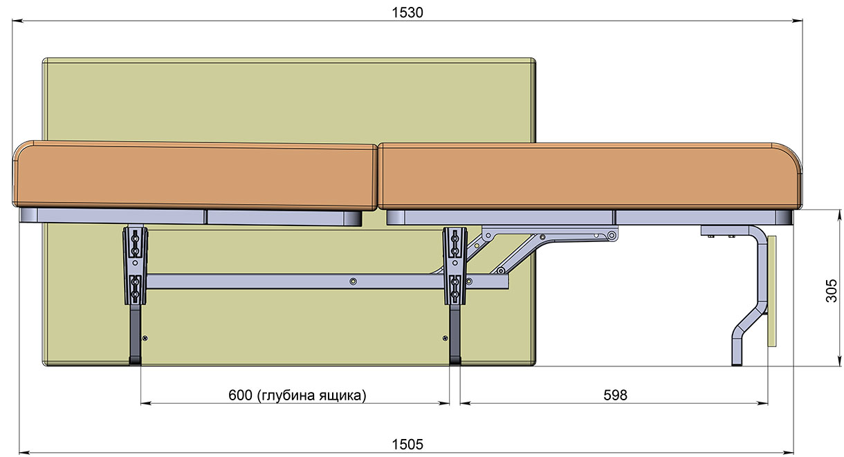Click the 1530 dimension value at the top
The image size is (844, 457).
coord(407,13)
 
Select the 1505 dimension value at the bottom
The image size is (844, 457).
coord(407,445)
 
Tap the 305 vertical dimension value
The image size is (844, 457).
coord(832,290)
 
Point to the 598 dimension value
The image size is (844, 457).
coord(615,395)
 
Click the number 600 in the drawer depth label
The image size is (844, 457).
coord(240,395)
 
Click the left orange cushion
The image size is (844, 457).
coord(195,176)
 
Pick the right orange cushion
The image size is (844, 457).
coord(589,176)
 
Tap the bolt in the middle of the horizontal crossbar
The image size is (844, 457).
coord(353,281)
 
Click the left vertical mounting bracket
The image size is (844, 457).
coord(136,265)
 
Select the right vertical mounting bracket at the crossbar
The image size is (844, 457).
coord(455,265)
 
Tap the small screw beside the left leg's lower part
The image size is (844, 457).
coord(145,338)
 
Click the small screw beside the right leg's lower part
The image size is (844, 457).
coord(445,338)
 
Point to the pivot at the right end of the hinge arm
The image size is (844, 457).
coord(612,236)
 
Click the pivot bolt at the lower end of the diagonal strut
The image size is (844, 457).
coord(501,270)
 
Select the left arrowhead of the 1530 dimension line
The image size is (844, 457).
coord(18,21)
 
